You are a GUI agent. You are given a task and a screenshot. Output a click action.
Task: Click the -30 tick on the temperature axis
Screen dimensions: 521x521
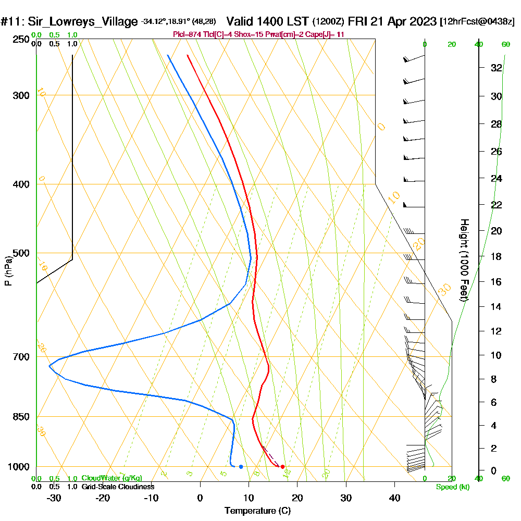[54, 498]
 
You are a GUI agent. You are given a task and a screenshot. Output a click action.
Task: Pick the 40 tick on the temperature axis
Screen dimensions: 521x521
[394, 498]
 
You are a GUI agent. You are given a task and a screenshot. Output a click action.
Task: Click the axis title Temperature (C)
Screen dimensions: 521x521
[257, 511]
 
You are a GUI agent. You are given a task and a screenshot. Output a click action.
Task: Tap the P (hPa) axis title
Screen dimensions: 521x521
[8, 270]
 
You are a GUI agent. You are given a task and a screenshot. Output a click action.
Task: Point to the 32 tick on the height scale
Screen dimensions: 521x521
[496, 68]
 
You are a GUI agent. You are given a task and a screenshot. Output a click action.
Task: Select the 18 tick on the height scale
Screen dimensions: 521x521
[496, 256]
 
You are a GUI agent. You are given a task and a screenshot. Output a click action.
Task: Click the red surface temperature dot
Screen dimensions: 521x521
[282, 467]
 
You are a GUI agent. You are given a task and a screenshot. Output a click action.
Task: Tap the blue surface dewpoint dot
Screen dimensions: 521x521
[241, 467]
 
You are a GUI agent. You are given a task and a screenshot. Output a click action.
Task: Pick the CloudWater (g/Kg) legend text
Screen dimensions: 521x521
[111, 478]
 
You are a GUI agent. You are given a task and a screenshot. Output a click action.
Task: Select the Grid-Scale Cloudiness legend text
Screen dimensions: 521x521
[118, 487]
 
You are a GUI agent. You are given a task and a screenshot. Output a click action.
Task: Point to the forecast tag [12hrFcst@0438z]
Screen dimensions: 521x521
[477, 22]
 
